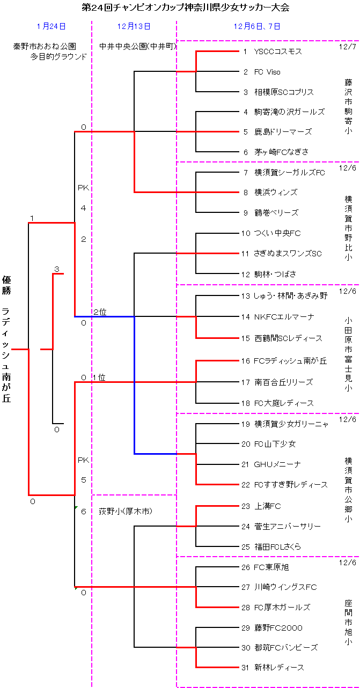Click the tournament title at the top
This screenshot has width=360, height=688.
(185, 8)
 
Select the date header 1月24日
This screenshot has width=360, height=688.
(52, 26)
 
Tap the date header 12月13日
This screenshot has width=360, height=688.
(134, 26)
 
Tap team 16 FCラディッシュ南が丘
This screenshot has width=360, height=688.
(290, 361)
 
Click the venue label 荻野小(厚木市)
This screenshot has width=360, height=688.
(126, 512)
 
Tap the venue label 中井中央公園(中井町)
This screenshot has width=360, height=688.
(138, 46)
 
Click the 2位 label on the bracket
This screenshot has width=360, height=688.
(100, 312)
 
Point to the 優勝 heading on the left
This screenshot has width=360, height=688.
(6, 285)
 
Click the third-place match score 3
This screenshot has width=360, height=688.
(56, 269)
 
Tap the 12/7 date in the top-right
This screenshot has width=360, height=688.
(347, 47)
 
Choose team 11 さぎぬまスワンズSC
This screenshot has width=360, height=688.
(288, 253)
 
